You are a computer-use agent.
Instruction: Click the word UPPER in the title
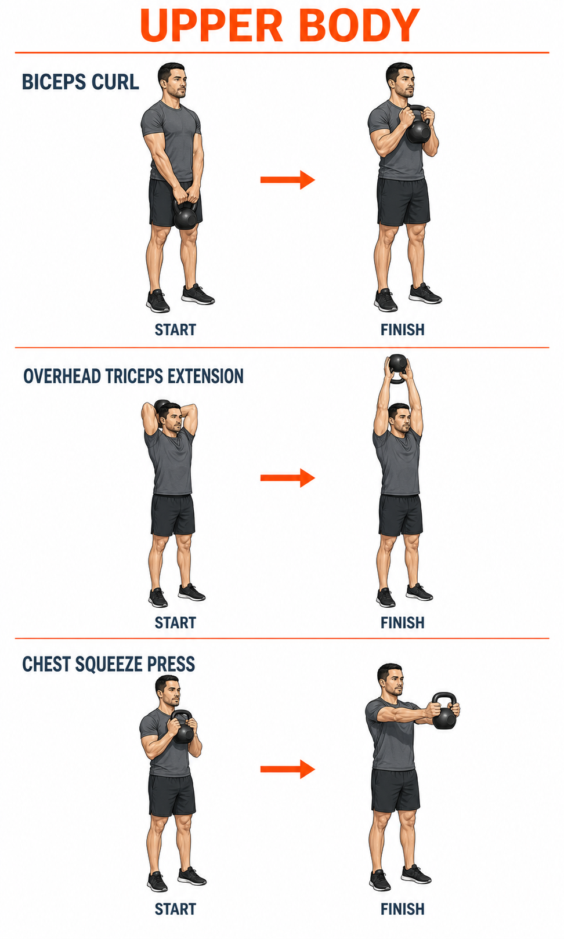[x=211, y=26]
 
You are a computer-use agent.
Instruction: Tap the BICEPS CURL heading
[x=80, y=82]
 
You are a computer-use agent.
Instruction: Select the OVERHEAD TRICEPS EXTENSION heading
[x=133, y=376]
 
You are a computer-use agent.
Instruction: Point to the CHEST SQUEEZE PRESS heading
[x=109, y=664]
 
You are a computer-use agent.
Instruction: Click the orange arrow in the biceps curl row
[x=288, y=180]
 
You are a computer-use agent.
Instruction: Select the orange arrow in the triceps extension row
[x=288, y=478]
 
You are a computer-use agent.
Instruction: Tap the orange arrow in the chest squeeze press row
[x=288, y=769]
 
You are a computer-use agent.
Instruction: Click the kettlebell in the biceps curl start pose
[x=185, y=214]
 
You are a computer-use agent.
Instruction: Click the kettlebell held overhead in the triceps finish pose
[x=397, y=368]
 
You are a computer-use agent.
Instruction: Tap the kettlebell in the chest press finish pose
[x=444, y=710]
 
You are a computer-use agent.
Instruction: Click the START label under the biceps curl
[x=175, y=329]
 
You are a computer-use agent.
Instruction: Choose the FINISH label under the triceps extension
[x=403, y=622]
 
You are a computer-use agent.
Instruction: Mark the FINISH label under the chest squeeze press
[x=403, y=909]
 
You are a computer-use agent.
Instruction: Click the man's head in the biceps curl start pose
[x=172, y=80]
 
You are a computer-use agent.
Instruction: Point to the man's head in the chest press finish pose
[x=391, y=680]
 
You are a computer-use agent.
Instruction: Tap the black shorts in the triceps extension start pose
[x=172, y=515]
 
